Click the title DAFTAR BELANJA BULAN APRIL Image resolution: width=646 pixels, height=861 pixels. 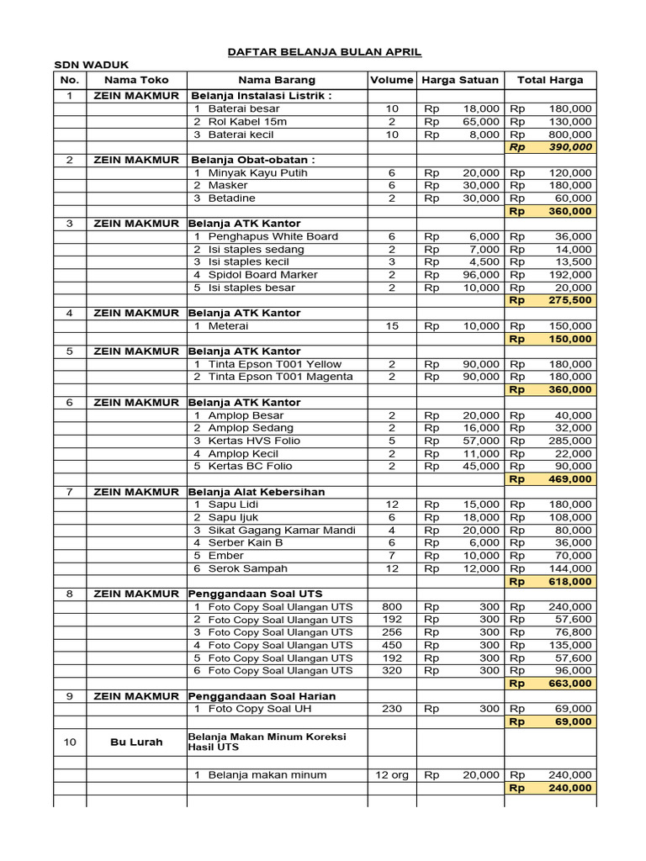click(x=325, y=52)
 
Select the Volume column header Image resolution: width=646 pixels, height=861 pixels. click(x=391, y=80)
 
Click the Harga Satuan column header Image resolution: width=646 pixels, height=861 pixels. click(x=460, y=80)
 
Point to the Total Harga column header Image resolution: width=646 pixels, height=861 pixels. click(x=549, y=80)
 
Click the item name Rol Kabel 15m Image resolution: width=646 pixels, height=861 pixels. click(x=247, y=121)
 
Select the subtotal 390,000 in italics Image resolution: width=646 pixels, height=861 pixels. click(x=571, y=147)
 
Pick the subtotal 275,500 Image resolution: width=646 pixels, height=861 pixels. click(x=571, y=300)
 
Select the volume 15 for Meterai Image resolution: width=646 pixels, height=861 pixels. click(x=391, y=325)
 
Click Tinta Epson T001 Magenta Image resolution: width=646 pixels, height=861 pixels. click(x=275, y=377)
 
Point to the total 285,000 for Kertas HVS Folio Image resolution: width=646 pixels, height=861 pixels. click(x=571, y=441)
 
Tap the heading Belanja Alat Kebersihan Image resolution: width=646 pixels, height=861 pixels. click(x=257, y=492)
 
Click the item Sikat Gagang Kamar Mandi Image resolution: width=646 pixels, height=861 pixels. click(x=282, y=530)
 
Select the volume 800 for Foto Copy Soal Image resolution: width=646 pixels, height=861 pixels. click(x=391, y=607)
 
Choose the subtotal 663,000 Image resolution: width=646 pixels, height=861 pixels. click(x=571, y=684)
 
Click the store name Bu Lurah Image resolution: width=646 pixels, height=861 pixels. click(x=136, y=742)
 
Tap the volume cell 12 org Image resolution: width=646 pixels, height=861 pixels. click(x=391, y=775)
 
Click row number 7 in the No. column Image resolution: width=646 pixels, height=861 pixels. click(x=70, y=492)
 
